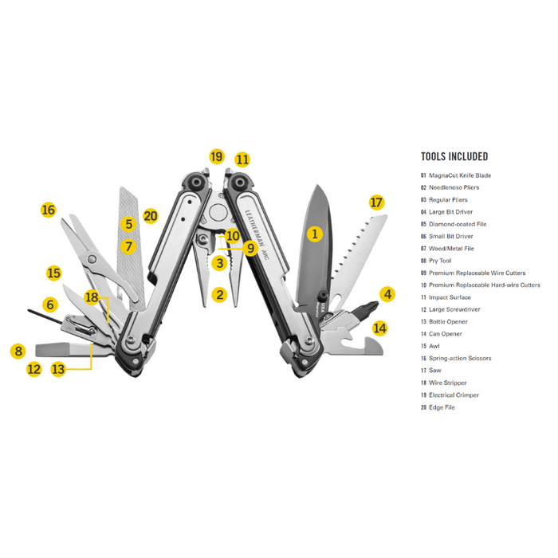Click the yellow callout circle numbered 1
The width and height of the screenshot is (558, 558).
pyautogui.click(x=315, y=234)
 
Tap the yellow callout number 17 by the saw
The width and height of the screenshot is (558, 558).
pyautogui.click(x=376, y=202)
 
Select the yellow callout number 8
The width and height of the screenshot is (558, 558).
pyautogui.click(x=18, y=352)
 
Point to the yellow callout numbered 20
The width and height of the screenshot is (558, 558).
pyautogui.click(x=150, y=216)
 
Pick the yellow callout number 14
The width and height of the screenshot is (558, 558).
pyautogui.click(x=379, y=328)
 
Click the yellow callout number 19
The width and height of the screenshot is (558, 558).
pyautogui.click(x=216, y=156)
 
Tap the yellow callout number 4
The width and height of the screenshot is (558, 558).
pyautogui.click(x=387, y=294)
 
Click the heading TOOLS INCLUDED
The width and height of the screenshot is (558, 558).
pyautogui.click(x=454, y=156)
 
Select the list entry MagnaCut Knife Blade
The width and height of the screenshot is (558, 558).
pyautogui.click(x=460, y=175)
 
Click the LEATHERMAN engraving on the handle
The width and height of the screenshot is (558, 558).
pyautogui.click(x=255, y=228)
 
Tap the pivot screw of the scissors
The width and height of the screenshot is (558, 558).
pyautogui.click(x=92, y=259)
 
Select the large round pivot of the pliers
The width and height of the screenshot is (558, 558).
pyautogui.click(x=218, y=213)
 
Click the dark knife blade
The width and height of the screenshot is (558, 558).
pyautogui.click(x=315, y=246)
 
